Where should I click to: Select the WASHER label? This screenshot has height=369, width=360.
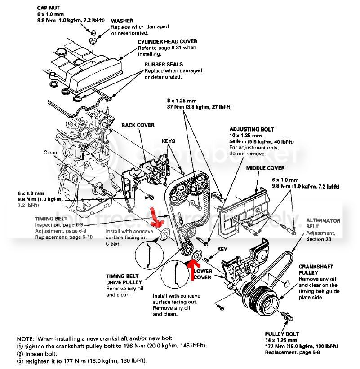122,21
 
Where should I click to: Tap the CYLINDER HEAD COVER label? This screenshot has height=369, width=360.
167,42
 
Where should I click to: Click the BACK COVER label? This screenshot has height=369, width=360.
138,125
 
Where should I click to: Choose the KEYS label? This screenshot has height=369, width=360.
169,141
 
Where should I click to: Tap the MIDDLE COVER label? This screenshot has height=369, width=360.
265,168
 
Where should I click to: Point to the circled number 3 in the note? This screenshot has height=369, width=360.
19,361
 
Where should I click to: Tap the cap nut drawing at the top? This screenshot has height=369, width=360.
92,34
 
